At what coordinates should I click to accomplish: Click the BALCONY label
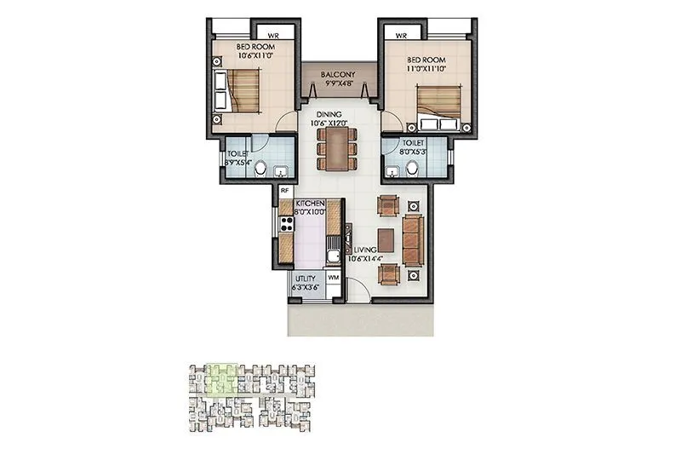[x=338, y=75]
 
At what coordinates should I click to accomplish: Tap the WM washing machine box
[x=333, y=279]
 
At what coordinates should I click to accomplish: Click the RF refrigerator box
[x=285, y=192]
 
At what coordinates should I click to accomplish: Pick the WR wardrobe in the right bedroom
[x=401, y=35]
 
